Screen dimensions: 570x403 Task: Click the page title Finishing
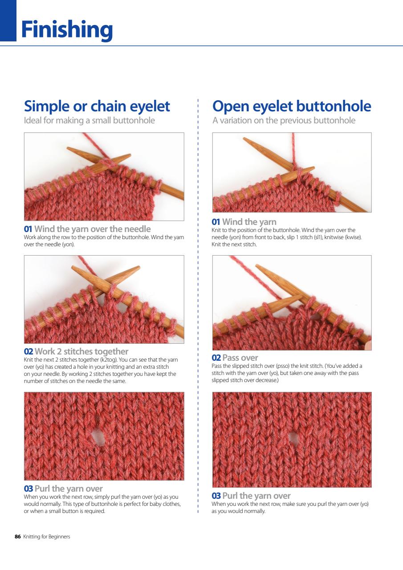click(x=67, y=30)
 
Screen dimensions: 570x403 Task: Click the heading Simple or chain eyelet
click(x=97, y=106)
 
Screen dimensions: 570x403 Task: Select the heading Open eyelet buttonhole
click(x=292, y=106)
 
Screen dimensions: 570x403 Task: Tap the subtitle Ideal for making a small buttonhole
click(x=90, y=120)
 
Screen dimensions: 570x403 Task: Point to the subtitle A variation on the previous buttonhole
click(x=284, y=120)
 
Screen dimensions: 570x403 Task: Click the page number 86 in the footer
click(x=18, y=537)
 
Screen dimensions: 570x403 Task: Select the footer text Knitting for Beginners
click(x=47, y=537)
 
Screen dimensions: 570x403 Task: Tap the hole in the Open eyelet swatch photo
click(x=293, y=438)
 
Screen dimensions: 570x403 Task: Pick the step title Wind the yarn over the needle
click(x=93, y=229)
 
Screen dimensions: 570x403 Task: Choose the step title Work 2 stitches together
click(x=81, y=352)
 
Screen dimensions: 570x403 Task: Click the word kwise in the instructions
click(x=351, y=237)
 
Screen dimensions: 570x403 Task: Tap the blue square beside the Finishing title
click(x=8, y=20)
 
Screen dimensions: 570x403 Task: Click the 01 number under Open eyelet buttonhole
click(x=216, y=222)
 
